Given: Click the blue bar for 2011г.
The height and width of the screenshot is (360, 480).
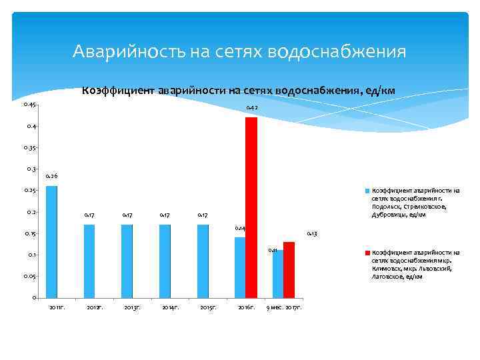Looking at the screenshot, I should [51, 241].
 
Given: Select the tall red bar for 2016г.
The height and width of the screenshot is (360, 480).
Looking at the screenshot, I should [251, 207].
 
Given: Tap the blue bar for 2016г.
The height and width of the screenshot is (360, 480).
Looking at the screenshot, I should [240, 267].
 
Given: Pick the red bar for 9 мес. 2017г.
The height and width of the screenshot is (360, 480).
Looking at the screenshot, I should [289, 269].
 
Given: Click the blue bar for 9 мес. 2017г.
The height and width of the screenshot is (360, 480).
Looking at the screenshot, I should [277, 273].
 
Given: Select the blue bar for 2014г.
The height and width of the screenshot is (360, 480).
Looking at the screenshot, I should [165, 261].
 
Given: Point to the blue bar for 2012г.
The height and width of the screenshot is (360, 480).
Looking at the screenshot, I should [89, 261].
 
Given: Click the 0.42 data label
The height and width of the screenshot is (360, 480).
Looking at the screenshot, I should [252, 108].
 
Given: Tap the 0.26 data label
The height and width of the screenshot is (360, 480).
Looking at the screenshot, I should [51, 176].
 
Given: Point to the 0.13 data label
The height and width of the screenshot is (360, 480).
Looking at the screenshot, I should [311, 234].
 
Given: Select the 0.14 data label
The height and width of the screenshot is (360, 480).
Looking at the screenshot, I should [241, 228].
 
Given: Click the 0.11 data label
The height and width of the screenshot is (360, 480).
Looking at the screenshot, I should [273, 250].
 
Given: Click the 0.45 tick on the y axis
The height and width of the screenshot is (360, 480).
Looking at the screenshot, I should [29, 105].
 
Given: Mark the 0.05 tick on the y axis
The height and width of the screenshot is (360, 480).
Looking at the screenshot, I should [29, 276].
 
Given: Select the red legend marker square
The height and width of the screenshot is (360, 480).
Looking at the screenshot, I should [367, 253].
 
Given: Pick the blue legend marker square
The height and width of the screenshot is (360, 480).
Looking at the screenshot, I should [367, 191].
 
